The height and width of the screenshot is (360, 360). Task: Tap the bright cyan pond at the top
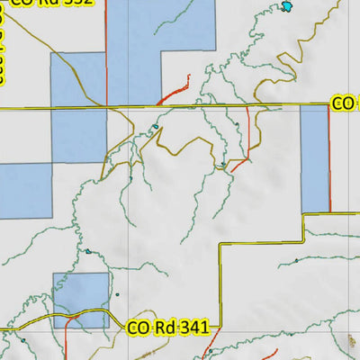[x=287, y=7]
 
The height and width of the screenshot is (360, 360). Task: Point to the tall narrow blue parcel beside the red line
[x=314, y=158]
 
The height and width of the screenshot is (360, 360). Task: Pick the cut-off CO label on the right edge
[x=346, y=103]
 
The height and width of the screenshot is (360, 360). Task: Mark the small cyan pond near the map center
[x=154, y=128]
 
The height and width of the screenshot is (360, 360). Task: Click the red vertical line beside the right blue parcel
[x=329, y=158]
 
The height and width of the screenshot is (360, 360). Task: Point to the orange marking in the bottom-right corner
[x=350, y=341]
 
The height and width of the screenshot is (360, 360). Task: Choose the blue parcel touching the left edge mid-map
[x=25, y=190]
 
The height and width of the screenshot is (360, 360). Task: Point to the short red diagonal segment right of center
[x=239, y=165]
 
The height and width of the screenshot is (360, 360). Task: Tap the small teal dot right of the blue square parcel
[x=116, y=294]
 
